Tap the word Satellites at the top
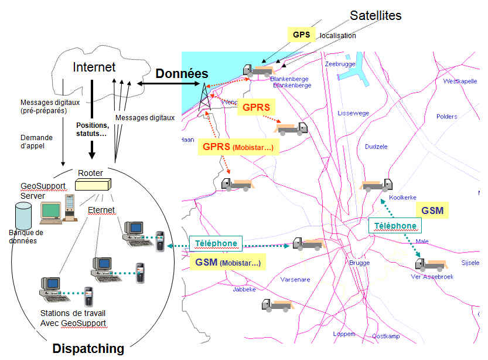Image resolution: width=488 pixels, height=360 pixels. click(x=376, y=15)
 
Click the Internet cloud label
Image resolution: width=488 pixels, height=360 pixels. click(x=94, y=67)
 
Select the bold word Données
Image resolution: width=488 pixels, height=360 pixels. click(x=182, y=74)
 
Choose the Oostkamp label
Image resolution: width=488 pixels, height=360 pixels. click(x=385, y=336)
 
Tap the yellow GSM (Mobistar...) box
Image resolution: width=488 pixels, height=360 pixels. click(x=228, y=262)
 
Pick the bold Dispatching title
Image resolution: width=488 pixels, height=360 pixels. click(x=88, y=349)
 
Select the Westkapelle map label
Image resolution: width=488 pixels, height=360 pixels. click(x=462, y=81)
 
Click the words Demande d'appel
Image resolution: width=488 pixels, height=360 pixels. click(x=36, y=141)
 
